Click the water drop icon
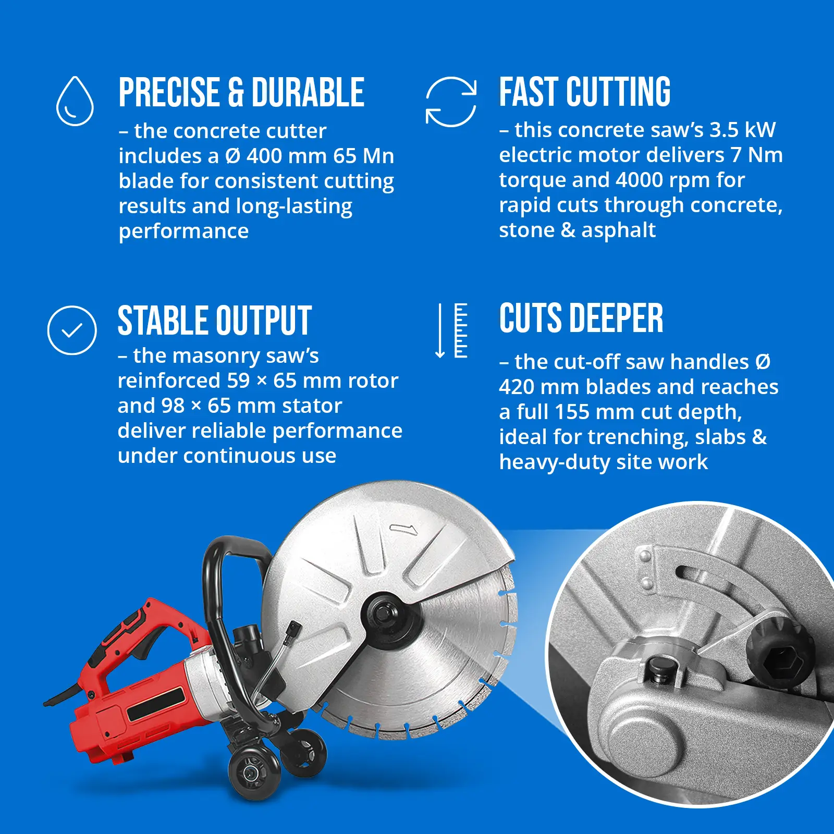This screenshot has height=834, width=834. [75, 101]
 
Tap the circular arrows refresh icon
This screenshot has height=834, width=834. [451, 102]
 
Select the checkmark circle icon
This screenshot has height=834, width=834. [72, 330]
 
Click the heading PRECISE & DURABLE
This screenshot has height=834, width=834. [241, 93]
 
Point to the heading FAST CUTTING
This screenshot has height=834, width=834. [585, 92]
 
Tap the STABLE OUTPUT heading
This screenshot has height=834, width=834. [215, 321]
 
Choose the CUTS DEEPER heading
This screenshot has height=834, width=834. [581, 318]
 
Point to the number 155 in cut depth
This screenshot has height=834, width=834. [572, 412]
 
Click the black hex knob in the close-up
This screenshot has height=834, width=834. [780, 652]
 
